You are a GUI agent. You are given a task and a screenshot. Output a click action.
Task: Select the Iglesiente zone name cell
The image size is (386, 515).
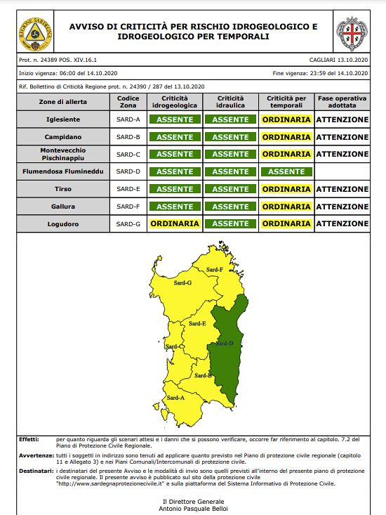click(x=63, y=119)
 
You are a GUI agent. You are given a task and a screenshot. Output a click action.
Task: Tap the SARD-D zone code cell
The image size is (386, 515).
click(x=128, y=171)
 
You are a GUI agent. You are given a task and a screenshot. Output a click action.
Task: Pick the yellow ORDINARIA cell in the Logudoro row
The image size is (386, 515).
click(x=175, y=223)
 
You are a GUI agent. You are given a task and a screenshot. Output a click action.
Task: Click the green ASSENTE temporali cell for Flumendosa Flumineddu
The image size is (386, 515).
click(x=286, y=171)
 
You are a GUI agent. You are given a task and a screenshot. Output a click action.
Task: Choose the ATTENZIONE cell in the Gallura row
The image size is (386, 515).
click(x=342, y=207)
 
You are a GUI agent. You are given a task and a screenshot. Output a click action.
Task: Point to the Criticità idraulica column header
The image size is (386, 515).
click(x=230, y=102)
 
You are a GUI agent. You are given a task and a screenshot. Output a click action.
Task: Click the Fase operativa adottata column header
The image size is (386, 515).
click(x=342, y=102)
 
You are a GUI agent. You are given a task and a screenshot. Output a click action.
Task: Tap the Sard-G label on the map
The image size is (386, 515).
click(x=182, y=282)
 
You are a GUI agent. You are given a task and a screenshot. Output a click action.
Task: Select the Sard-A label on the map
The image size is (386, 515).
click(x=175, y=398)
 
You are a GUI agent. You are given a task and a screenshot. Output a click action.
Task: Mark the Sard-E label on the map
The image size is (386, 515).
click(x=197, y=324)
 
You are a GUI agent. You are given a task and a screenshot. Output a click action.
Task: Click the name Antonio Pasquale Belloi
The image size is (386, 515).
click(x=194, y=508)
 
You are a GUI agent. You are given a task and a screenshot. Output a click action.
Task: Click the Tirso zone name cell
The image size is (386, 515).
click(x=63, y=189)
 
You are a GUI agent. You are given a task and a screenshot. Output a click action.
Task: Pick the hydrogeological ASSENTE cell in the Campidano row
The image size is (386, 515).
click(x=175, y=137)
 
